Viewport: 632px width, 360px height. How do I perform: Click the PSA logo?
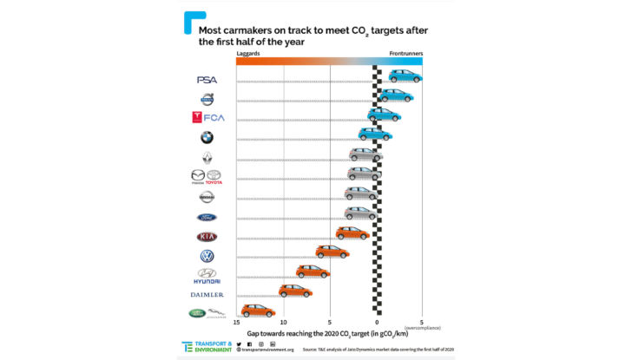207,80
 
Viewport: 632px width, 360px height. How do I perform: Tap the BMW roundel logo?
207,137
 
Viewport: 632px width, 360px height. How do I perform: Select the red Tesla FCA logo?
207,118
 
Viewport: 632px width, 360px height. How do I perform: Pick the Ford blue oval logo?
207,217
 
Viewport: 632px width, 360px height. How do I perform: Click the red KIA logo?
207,236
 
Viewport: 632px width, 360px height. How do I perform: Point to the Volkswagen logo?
207,256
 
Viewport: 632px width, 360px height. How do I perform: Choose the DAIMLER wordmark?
207,295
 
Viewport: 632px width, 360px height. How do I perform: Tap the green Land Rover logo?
198,313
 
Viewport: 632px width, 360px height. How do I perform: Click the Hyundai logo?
207,276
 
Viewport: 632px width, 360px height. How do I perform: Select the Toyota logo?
214,177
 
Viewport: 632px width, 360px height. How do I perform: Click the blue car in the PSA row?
405,76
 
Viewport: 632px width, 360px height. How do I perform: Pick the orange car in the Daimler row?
295,291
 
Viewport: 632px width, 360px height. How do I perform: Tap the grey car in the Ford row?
360,213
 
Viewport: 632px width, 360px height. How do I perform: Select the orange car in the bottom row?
258,311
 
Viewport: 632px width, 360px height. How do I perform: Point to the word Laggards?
248,53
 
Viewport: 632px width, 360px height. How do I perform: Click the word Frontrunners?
405,53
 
